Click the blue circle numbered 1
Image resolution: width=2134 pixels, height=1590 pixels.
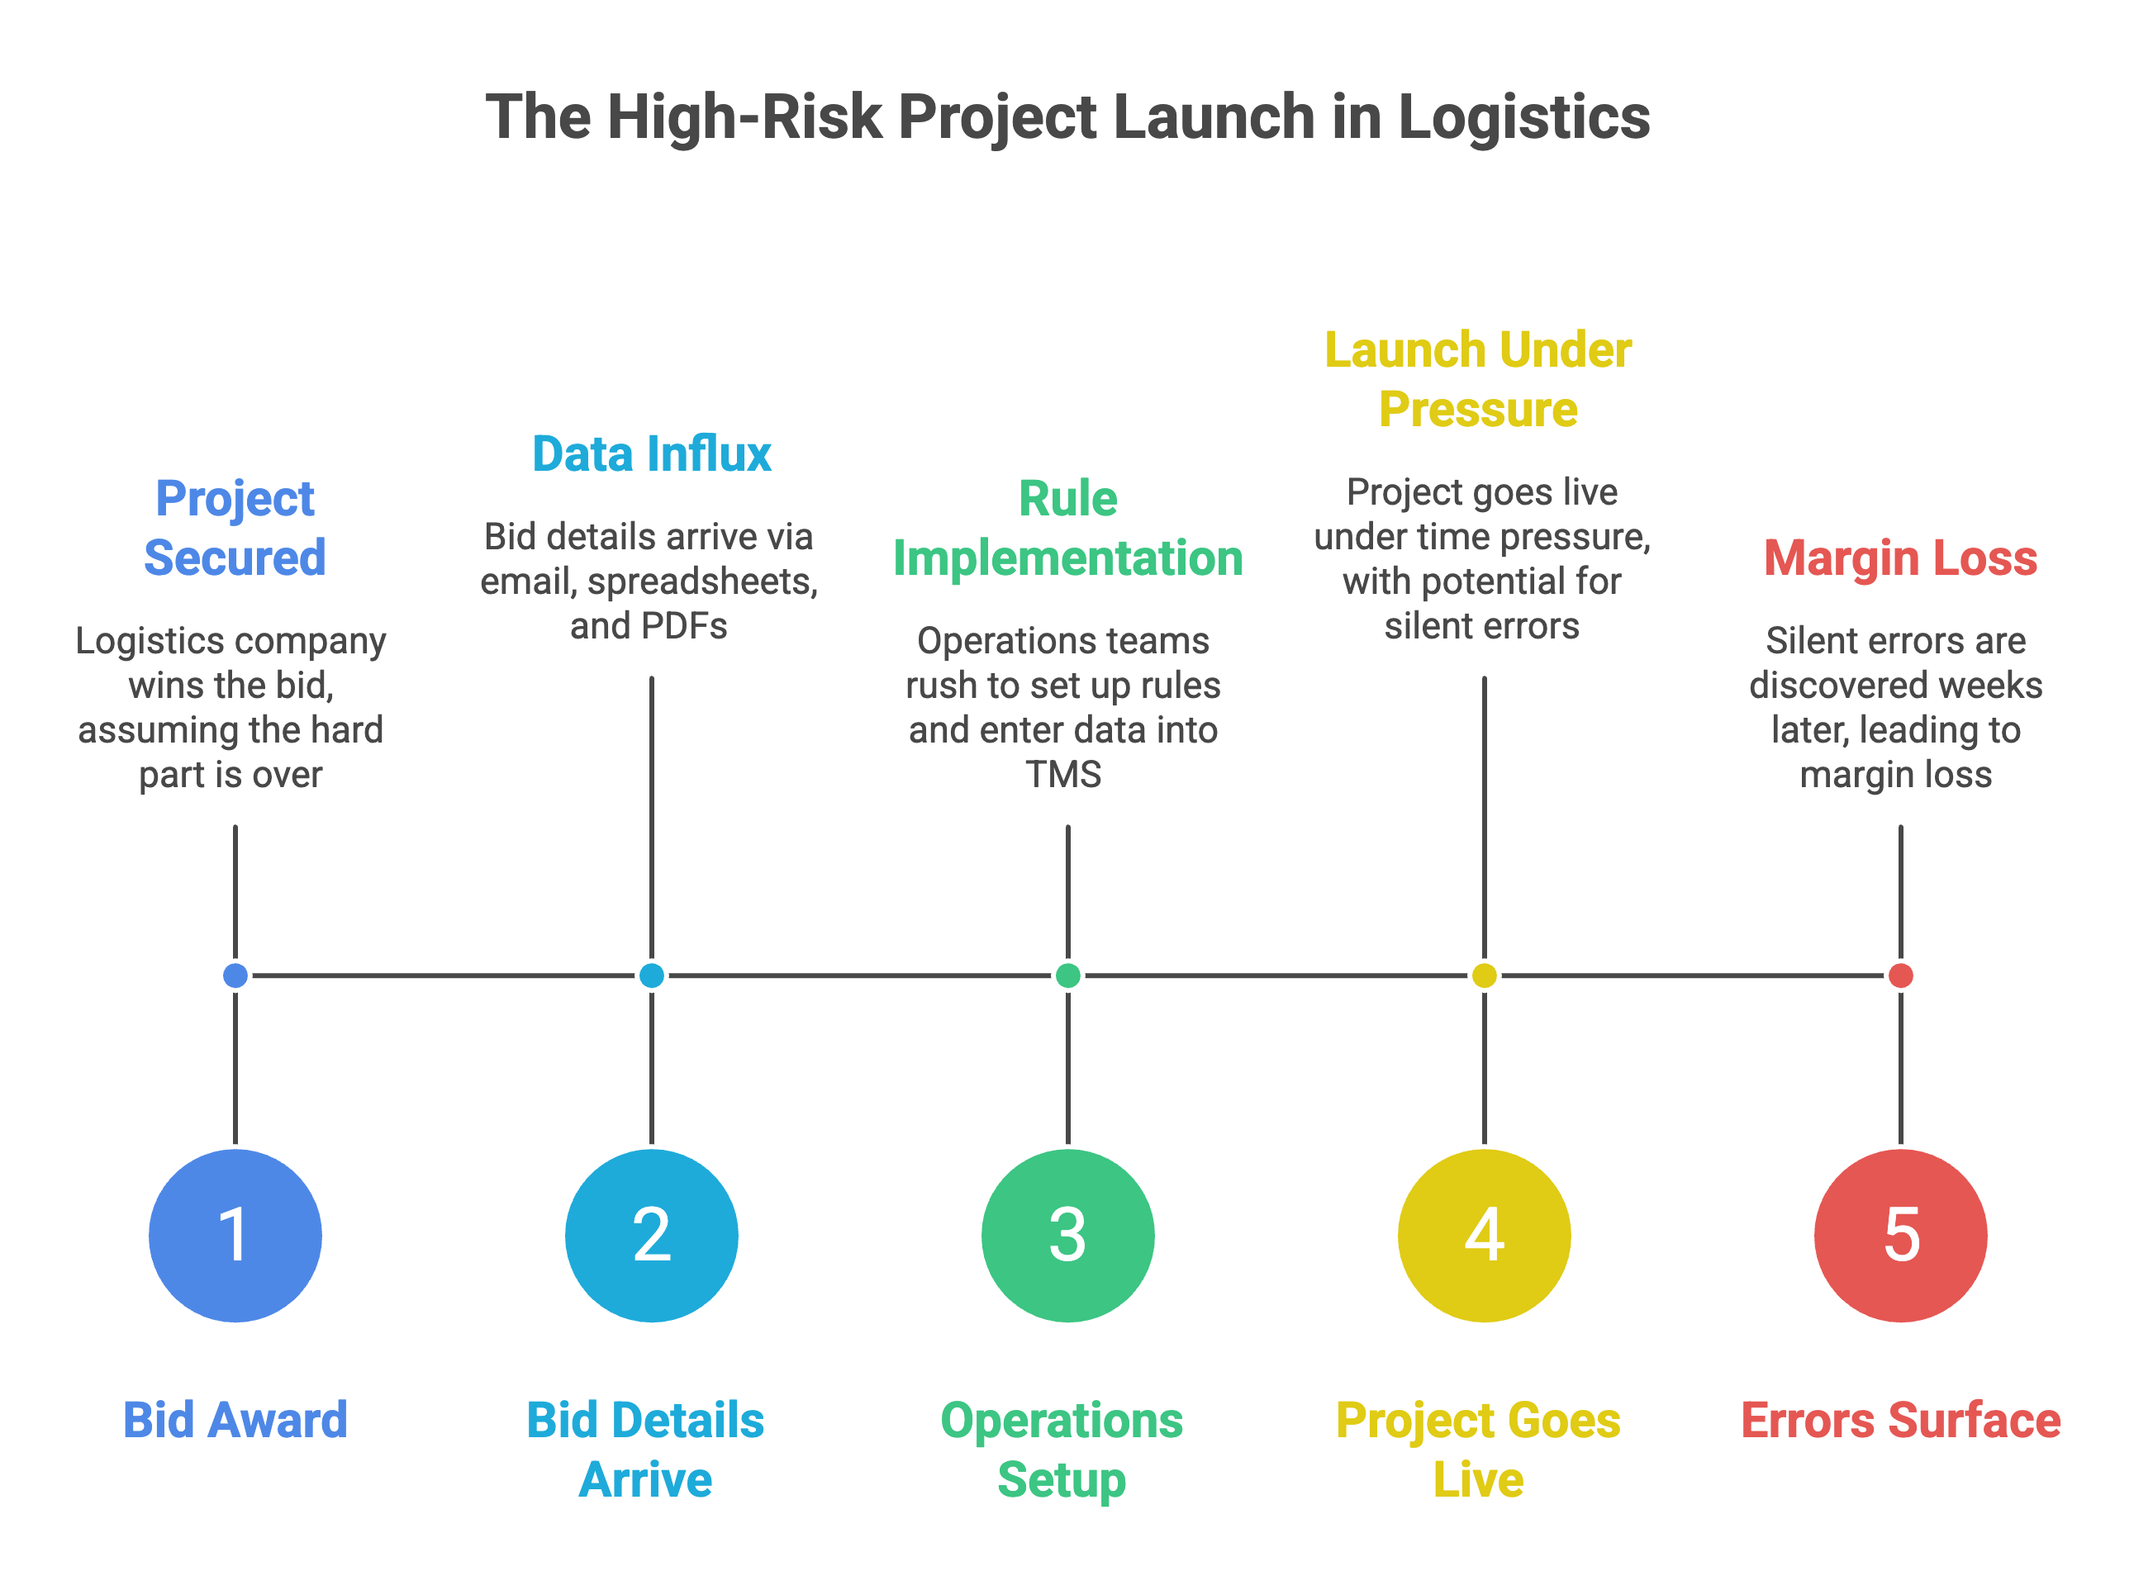[x=235, y=1235]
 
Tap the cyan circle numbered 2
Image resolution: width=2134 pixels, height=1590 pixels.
[x=652, y=1235]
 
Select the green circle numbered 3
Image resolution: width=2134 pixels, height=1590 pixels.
[x=1067, y=1235]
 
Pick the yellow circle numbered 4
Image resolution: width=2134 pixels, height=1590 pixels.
[x=1485, y=1235]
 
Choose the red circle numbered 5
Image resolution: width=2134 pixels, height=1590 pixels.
[x=1900, y=1235]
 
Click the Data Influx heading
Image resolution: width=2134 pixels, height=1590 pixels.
[x=652, y=453]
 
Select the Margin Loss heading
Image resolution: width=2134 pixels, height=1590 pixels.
[x=1900, y=558]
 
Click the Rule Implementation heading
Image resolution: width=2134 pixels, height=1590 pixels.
[x=1067, y=528]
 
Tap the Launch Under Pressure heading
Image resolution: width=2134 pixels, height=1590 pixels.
[x=1479, y=379]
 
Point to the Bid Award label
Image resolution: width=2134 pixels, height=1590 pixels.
[x=235, y=1420]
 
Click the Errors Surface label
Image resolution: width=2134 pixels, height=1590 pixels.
[x=1900, y=1420]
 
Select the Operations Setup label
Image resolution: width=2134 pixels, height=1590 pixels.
[x=1062, y=1450]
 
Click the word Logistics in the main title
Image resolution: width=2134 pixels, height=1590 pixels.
[x=1523, y=117]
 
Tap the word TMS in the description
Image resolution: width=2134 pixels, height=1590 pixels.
[x=1062, y=774]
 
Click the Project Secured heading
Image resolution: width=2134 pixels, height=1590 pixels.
[x=235, y=528]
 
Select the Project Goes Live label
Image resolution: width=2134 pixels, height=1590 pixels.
[x=1479, y=1450]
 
